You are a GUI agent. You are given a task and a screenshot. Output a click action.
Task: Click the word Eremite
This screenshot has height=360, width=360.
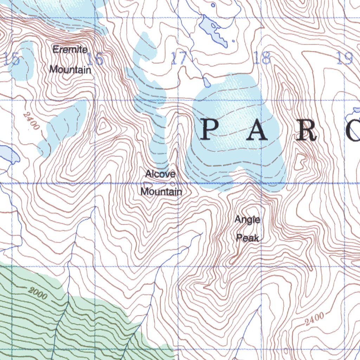pos(70,50)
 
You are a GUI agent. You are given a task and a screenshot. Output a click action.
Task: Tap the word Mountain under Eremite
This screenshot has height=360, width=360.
pos(70,69)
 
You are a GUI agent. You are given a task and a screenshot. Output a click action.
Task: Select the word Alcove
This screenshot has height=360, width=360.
pos(160,174)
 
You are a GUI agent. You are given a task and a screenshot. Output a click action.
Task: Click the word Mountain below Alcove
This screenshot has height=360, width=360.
pos(161,192)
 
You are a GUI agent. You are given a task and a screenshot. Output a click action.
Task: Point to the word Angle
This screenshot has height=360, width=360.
pos(247,220)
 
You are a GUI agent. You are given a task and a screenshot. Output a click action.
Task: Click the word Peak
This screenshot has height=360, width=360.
pos(247,238)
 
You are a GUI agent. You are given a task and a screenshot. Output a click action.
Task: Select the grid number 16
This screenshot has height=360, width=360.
pos(95,59)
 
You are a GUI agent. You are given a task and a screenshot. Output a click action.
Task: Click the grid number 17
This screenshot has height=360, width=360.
pos(179,58)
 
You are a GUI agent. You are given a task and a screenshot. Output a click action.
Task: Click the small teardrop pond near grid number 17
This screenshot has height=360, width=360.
pos(207,83)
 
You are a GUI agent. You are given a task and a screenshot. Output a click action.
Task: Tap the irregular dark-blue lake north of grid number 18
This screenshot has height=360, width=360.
pos(213,30)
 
